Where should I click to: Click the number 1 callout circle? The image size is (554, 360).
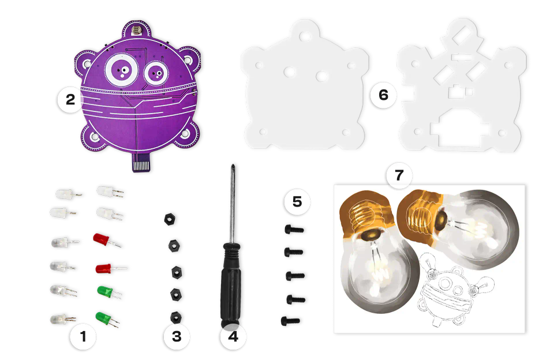(83, 337)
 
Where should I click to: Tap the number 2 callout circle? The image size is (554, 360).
(70, 100)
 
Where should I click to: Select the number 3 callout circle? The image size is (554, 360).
(177, 337)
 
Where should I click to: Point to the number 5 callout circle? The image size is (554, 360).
(297, 202)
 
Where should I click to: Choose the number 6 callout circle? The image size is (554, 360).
(383, 95)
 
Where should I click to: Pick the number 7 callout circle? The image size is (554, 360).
(399, 175)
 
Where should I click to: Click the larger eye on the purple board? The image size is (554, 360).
(122, 70)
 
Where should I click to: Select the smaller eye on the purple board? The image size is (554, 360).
(156, 73)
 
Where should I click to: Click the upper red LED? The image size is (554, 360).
(107, 240)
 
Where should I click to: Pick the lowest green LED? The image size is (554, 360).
(107, 318)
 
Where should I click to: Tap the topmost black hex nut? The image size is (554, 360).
(170, 219)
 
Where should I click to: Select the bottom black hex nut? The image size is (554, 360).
(176, 317)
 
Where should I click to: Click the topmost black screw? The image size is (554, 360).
(294, 230)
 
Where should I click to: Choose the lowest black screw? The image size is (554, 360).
(290, 321)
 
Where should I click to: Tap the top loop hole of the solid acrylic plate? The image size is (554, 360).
(305, 36)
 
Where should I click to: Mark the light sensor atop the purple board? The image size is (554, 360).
(136, 31)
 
